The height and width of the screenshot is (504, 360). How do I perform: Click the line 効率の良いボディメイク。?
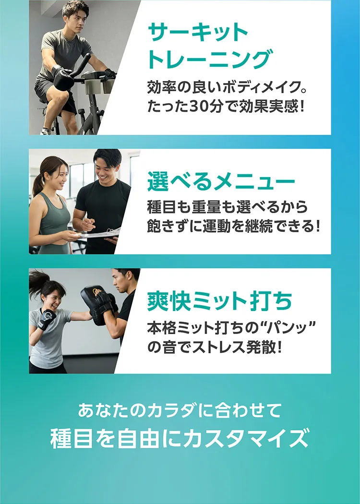227,88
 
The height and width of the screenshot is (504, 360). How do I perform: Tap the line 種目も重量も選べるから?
227,207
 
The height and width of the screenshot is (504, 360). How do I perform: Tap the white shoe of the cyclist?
46,131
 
